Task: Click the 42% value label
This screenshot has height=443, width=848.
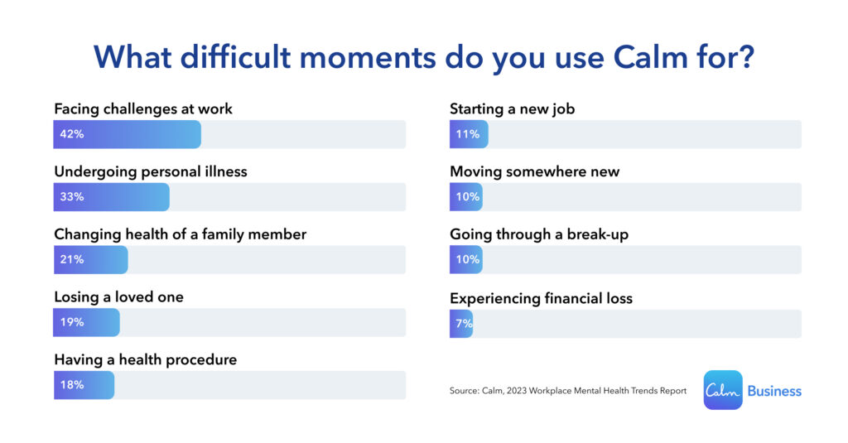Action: pos(71,134)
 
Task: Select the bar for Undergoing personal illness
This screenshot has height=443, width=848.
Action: pos(111,197)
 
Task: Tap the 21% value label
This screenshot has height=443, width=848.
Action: pos(71,259)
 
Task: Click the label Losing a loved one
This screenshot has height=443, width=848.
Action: pos(119,297)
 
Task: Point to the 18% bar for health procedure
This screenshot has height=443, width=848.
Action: pos(84,385)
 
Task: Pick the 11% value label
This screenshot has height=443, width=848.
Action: pos(467,134)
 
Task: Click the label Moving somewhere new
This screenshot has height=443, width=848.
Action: pos(534,172)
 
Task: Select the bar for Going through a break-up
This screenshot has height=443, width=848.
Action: pos(466,259)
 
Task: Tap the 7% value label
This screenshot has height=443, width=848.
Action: pos(462,324)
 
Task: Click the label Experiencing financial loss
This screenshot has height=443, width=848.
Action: pos(541,298)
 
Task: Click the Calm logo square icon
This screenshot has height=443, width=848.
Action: pos(723,390)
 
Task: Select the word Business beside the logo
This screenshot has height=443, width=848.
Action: pos(774,391)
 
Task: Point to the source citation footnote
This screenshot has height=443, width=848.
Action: pos(567,391)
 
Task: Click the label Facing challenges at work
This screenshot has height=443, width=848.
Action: pos(143,108)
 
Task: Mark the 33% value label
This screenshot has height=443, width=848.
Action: pos(71,197)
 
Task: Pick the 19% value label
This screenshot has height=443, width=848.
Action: pos(71,322)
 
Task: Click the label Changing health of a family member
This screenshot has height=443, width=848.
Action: pos(180,234)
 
